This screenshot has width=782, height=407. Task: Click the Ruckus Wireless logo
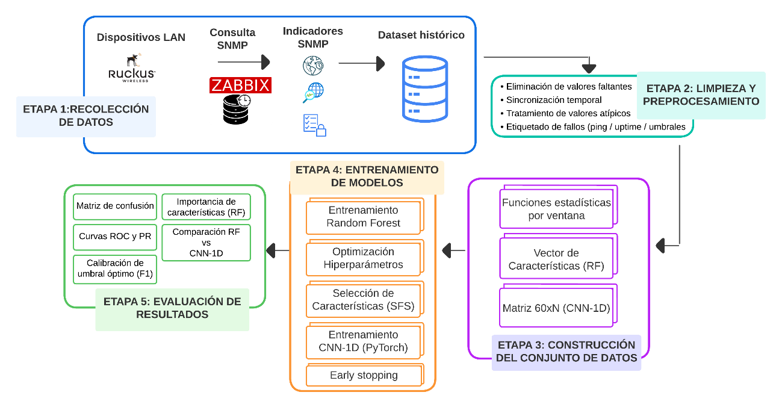(131, 68)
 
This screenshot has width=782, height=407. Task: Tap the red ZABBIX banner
(241, 85)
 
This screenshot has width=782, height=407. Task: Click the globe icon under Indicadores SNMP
(312, 65)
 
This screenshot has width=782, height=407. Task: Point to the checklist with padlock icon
(314, 125)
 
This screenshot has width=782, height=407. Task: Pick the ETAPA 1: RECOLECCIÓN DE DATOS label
(86, 116)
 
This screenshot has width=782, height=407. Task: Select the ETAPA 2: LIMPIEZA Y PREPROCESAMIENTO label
(701, 95)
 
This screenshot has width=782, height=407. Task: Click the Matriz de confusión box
(115, 206)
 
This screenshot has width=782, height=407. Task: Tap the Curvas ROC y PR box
(115, 237)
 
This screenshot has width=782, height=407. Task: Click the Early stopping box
(364, 375)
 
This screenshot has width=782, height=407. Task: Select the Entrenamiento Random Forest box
(364, 217)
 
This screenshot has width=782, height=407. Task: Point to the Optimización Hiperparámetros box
(364, 258)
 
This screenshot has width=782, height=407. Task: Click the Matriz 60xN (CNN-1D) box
(556, 308)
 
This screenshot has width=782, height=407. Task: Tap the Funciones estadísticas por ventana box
(556, 209)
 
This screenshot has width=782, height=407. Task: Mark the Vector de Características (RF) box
(556, 259)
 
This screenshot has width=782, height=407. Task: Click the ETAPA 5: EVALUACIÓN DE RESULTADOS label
(172, 308)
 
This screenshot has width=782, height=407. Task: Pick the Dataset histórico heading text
(421, 35)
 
